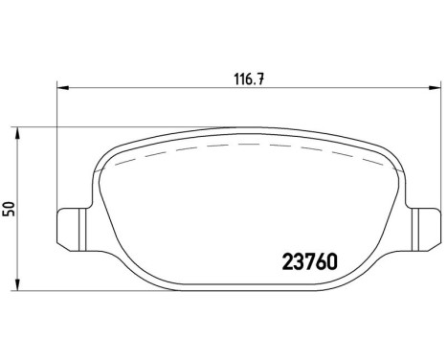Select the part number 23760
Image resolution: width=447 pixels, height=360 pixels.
[312, 259]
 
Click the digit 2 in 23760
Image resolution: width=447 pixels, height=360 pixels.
[286, 259]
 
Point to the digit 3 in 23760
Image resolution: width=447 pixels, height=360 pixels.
[299, 259]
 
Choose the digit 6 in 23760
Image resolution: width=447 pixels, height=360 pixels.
[324, 259]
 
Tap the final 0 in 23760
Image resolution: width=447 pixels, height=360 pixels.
[337, 259]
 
